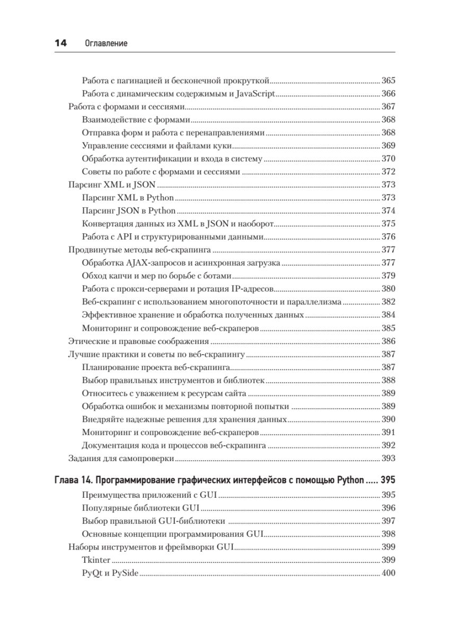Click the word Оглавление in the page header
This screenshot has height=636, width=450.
[x=106, y=43]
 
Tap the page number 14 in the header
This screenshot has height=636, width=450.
[x=60, y=43]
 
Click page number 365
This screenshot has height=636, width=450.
[x=389, y=81]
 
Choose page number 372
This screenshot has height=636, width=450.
[x=389, y=172]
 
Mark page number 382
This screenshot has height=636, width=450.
[x=389, y=302]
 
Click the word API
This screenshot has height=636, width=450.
[x=126, y=236]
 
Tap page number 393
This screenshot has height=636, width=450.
[x=389, y=457]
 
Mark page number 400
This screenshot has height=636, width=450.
[x=389, y=572]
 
